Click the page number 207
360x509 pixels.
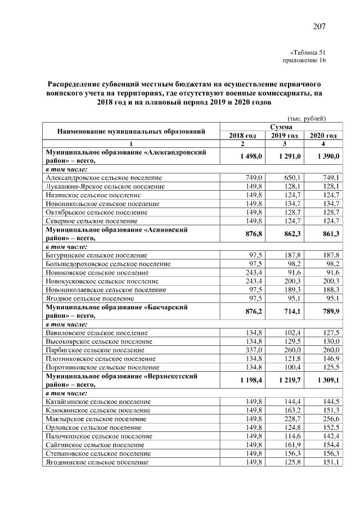pyautogui.click(x=319, y=26)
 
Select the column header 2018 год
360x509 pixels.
pyautogui.click(x=242, y=136)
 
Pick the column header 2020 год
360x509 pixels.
pyautogui.click(x=323, y=136)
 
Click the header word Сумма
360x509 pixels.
pyautogui.click(x=284, y=128)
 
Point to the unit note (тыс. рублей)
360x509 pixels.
pyautogui.click(x=307, y=119)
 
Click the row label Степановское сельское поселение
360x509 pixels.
pyautogui.click(x=98, y=453)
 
